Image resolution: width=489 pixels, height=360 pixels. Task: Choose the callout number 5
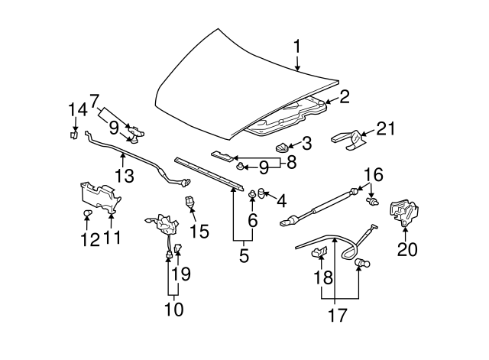[244, 255]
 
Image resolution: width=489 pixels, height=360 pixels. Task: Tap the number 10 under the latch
[174, 309]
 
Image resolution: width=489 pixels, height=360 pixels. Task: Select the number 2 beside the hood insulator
[344, 96]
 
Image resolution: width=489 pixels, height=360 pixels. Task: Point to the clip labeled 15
[190, 203]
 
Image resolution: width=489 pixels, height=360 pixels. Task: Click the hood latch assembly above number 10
[164, 224]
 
